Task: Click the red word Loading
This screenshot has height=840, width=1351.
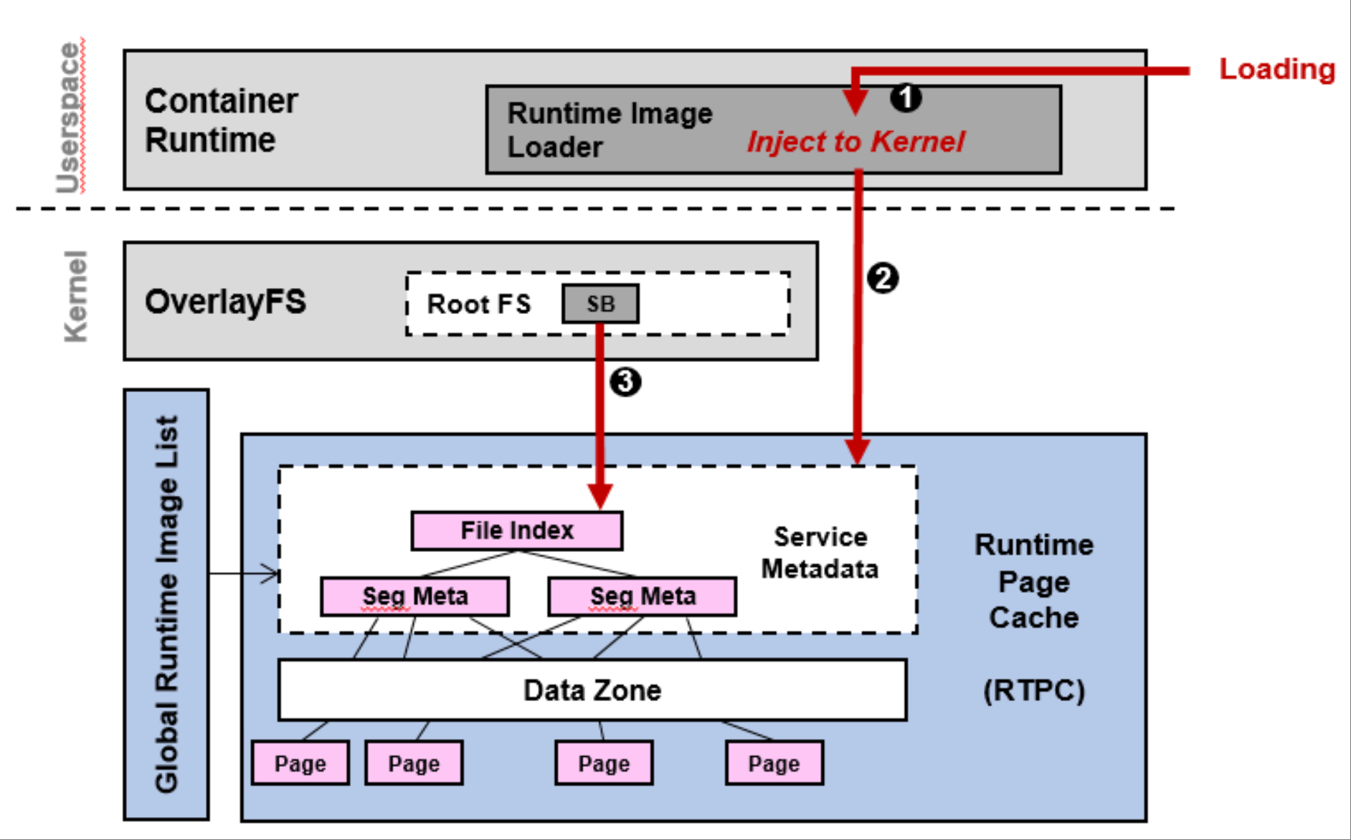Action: point(1276,70)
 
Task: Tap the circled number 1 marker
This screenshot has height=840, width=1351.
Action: point(906,97)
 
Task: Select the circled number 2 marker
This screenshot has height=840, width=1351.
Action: point(883,278)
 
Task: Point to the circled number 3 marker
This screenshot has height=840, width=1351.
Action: point(625,381)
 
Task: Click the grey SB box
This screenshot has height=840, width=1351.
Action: point(600,304)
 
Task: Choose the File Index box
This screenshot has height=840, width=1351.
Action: point(517,531)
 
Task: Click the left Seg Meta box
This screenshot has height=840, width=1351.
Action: point(415,596)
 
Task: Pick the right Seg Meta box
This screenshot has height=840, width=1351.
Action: point(643,596)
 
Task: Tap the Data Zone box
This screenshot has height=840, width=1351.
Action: point(592,690)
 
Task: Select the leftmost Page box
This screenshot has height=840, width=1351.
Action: point(300,763)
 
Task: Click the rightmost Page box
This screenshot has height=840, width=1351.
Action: point(774,763)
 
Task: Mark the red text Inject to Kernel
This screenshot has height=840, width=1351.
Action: point(855,142)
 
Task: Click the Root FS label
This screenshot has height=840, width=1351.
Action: point(479,304)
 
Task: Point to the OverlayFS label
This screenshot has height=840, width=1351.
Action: point(225,301)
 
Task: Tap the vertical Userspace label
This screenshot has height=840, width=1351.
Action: point(70,118)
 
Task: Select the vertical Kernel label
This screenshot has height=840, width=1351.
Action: point(75,296)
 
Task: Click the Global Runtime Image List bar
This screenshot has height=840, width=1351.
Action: point(166,604)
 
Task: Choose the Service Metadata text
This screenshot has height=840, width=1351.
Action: point(820,553)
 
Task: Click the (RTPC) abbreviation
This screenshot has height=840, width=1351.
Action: point(1033,691)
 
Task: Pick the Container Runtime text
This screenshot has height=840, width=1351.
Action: point(221,120)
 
